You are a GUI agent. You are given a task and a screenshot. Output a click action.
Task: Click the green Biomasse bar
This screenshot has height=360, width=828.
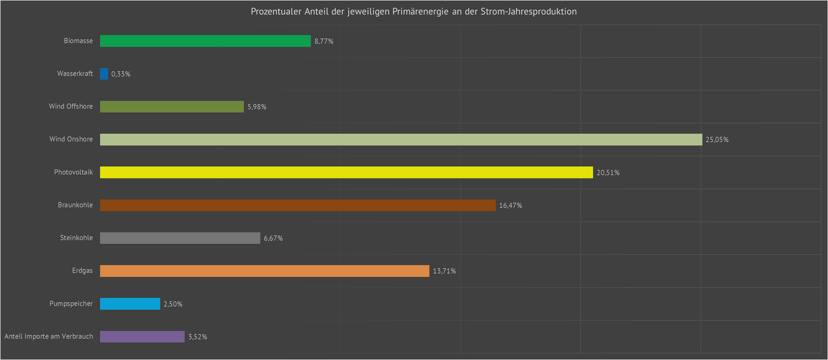[x=205, y=41]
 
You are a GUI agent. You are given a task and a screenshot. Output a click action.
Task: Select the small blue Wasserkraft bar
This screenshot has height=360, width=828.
[x=104, y=74]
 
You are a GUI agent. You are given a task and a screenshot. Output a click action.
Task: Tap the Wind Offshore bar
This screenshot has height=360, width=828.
[x=172, y=107]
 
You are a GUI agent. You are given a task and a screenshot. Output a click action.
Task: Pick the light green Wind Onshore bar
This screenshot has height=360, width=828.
[x=401, y=139]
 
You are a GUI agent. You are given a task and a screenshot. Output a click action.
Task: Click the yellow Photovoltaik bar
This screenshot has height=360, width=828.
[x=346, y=172]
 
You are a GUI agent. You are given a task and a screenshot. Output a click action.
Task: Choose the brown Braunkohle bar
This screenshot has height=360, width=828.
[x=298, y=205]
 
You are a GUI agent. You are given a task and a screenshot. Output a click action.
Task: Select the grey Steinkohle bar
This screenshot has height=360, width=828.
[x=180, y=238]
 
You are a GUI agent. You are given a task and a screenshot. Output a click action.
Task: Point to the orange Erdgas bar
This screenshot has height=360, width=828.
[x=264, y=271]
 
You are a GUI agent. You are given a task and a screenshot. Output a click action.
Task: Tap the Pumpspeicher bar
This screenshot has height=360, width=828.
[x=130, y=304]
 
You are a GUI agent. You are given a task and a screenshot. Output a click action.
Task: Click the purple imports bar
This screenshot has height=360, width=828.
[x=142, y=337]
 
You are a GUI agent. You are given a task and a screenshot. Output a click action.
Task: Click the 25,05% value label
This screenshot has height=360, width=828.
[x=717, y=140]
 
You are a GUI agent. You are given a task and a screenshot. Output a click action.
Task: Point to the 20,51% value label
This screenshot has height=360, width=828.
[x=608, y=173]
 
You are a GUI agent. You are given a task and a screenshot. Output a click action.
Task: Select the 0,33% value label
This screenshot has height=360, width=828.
[x=121, y=74]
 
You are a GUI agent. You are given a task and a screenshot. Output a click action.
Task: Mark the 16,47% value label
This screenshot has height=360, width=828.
[x=511, y=205]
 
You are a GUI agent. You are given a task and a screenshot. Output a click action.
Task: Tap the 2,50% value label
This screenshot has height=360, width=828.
[x=173, y=304]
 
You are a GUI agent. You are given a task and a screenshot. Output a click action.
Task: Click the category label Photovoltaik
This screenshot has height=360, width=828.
[x=73, y=172]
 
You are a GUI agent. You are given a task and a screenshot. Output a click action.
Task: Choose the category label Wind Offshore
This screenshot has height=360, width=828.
[x=71, y=107]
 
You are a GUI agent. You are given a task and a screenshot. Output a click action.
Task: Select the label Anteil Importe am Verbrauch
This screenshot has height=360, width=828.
[x=49, y=337]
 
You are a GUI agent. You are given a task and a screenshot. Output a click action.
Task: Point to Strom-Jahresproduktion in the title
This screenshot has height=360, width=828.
[x=528, y=12]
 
